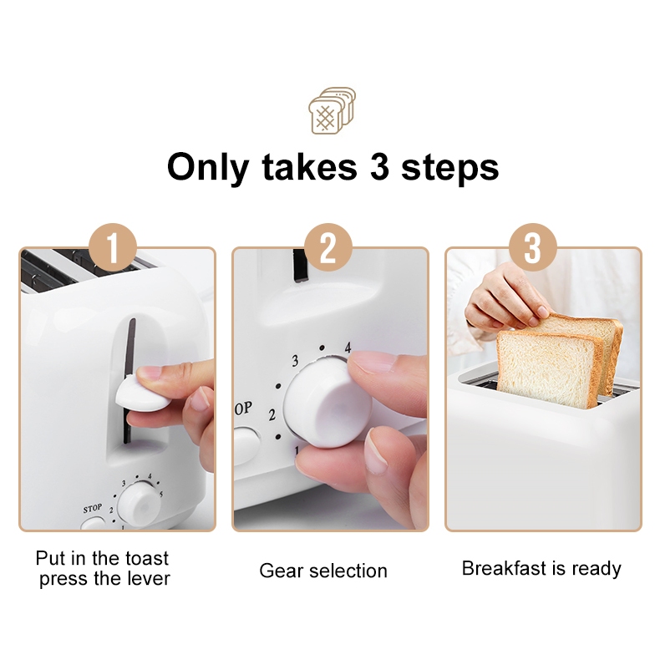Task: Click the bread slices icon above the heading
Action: (x=333, y=111)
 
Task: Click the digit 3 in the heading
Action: (x=379, y=166)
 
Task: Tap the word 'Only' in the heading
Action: (x=208, y=168)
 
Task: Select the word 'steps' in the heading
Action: (x=450, y=169)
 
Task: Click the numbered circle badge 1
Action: (x=113, y=247)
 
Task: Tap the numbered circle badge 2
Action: (x=328, y=247)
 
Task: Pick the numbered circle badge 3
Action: (x=533, y=247)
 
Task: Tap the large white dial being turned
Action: (x=327, y=404)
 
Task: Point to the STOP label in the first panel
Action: (x=92, y=509)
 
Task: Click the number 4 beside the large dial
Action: (x=348, y=348)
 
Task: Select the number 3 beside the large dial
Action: (x=295, y=361)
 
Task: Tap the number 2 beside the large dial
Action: (x=272, y=415)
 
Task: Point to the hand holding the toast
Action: (x=503, y=299)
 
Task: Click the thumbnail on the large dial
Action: (x=377, y=451)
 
